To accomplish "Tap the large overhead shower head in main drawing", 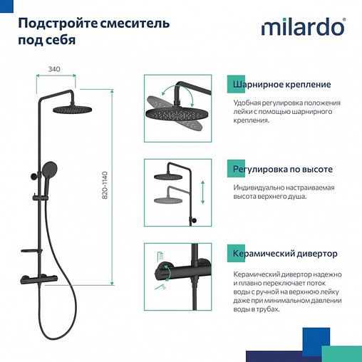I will [72, 109].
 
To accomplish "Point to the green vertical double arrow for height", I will [203, 192].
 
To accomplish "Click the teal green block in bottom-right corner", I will [343, 353].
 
